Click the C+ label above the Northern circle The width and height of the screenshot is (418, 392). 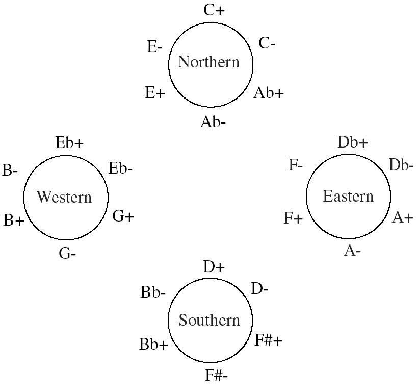coord(214,10)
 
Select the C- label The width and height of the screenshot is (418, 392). coord(267,43)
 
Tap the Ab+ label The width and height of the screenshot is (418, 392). coord(269,93)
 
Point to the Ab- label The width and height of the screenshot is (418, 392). coord(213,122)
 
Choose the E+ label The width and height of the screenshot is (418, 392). coord(155,93)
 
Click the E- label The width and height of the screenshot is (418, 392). coord(154,47)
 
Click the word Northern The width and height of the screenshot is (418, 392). coord(208,62)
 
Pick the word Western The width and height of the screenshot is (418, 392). coord(64,197)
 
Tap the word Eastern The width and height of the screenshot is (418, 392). coord(348,196)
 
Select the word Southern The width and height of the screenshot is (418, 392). coord(210,320)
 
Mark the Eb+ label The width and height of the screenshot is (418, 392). coord(69,143)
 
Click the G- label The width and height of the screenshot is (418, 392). coord(67,253)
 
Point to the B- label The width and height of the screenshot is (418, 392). coord(10,170)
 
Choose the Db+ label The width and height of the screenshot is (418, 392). coord(353,142)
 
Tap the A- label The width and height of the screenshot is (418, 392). coord(352,251)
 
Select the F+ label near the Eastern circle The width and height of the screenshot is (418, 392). coord(293,218)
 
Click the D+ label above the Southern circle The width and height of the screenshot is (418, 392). coord(214,266)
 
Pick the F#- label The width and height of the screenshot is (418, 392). coord(217,375)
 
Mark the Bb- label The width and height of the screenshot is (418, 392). coord(153,292)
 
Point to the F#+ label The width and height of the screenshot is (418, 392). coord(269,340)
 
